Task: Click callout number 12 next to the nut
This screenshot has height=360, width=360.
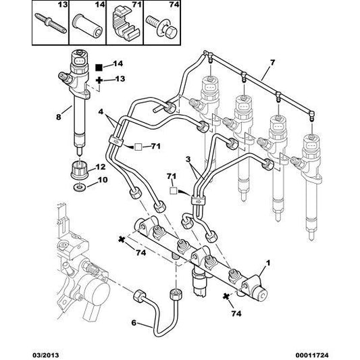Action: click(x=101, y=167)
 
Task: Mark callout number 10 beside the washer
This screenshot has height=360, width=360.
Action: click(x=101, y=180)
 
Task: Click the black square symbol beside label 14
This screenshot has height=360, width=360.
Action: click(x=99, y=67)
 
